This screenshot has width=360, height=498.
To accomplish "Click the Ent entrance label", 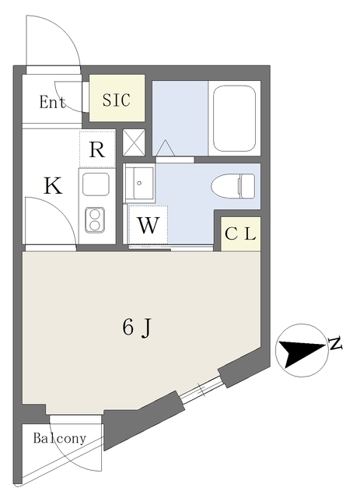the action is click(52, 102).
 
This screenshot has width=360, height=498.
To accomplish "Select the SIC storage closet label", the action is click(116, 100).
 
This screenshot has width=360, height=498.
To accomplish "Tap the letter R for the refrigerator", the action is click(97, 149).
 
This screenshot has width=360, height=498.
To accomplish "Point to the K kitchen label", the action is click(53, 186).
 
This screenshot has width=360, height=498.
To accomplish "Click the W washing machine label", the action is click(148, 225).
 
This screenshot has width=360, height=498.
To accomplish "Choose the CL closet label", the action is click(240, 234).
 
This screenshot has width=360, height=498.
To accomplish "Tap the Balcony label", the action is click(60, 439).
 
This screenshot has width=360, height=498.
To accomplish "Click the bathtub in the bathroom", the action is click(235, 119).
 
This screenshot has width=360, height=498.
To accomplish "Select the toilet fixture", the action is click(233, 186).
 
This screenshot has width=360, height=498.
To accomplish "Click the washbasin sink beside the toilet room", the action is click(140, 184).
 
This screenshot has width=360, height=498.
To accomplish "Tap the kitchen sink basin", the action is click(96, 184).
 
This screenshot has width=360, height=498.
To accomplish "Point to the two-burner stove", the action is click(95, 219).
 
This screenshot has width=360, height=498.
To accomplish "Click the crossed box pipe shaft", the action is click(134, 142).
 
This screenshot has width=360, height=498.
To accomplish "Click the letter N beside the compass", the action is click(335, 342).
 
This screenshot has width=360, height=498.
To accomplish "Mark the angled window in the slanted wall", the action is click(202, 390).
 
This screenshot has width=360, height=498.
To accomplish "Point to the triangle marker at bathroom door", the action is click(165, 148).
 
